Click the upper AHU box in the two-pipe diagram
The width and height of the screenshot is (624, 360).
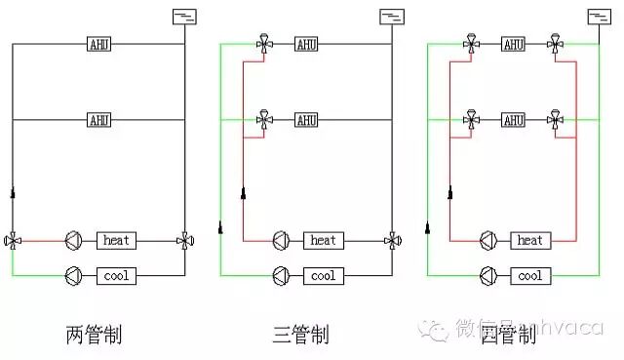pos(98,43)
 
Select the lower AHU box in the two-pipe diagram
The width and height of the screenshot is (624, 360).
pos(98,120)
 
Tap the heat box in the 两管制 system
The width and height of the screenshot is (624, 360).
pos(116,239)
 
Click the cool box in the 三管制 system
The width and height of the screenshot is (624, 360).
pos(323,276)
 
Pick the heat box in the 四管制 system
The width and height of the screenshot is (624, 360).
pos(529,239)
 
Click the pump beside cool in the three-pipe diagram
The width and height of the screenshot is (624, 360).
pos(281,276)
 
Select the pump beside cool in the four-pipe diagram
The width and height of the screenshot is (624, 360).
pos(487,276)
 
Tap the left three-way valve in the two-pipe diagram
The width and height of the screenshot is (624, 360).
pos(13,239)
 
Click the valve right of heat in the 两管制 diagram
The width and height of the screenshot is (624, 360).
pos(184,239)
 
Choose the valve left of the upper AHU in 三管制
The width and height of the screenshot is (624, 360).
pos(263,43)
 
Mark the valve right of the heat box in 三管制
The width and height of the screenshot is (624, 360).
pos(391,239)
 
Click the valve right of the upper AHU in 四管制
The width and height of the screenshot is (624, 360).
pos(555,43)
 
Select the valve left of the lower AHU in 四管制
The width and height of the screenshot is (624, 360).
pos(470,120)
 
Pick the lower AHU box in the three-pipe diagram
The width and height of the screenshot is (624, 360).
pos(305,120)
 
